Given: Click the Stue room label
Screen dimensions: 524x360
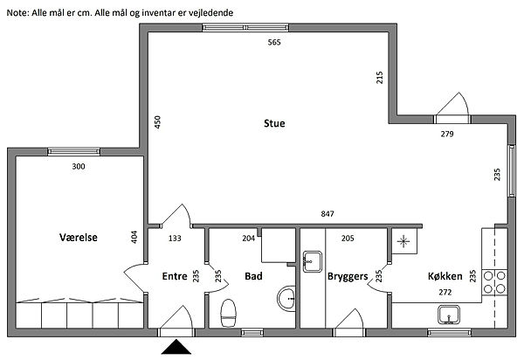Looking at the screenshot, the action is tap(274, 123).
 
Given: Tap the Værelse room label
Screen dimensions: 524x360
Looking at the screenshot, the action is tap(79, 238).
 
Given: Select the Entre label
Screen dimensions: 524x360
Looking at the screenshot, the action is tap(175, 276).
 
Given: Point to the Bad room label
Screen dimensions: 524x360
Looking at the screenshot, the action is tap(253, 276).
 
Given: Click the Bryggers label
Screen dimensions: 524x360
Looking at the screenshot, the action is tap(348, 277).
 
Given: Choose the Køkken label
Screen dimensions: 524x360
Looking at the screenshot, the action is tap(445, 276).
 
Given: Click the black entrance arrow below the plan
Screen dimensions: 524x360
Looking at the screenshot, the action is tap(176, 347).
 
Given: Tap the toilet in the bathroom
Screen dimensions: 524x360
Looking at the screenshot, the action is tap(229, 313).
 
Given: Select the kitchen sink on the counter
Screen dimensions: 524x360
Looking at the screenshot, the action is tap(449, 315).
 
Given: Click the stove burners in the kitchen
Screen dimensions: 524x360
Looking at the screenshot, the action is tap(494, 281).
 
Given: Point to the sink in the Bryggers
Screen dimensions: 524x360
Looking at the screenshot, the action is tap(313, 261).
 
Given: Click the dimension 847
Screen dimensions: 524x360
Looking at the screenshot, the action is tap(327, 213).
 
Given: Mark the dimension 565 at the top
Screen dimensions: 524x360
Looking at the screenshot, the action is tap(274, 42).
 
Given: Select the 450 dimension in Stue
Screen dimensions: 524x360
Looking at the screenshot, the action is tap(157, 122).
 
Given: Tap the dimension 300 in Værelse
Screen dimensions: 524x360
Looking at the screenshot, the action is tap(79, 166).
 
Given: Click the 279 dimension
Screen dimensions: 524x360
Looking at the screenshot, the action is tap(447, 134).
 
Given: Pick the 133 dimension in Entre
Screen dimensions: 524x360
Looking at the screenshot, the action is tap(175, 239).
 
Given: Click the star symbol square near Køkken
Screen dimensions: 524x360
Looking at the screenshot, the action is tap(404, 241).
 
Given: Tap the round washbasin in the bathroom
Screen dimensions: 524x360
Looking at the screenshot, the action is tap(286, 299).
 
